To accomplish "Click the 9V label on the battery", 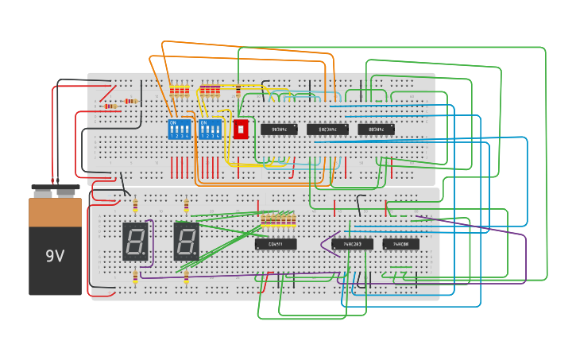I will (x=55, y=256).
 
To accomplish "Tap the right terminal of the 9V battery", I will (x=67, y=192).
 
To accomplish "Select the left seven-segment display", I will (x=135, y=242).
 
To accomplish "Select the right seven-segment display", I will (x=186, y=242).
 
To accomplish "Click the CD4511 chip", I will (x=276, y=244).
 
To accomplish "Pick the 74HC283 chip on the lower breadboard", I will (x=352, y=244).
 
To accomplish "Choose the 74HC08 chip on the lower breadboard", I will (x=400, y=244).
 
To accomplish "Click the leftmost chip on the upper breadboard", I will (x=280, y=129).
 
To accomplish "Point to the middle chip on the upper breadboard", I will (x=327, y=129).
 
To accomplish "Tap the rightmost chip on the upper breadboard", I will (x=376, y=129).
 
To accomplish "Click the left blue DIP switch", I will (x=180, y=129).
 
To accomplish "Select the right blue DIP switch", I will (x=211, y=129).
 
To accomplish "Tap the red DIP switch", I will (x=241, y=129).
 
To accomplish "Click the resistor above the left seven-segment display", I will (x=135, y=207).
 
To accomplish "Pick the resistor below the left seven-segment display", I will (x=135, y=277).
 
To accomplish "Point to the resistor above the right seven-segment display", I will (x=186, y=207).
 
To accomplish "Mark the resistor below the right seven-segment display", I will (x=186, y=277).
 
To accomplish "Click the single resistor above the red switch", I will (x=238, y=91).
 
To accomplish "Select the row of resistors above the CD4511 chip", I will (x=278, y=219).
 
